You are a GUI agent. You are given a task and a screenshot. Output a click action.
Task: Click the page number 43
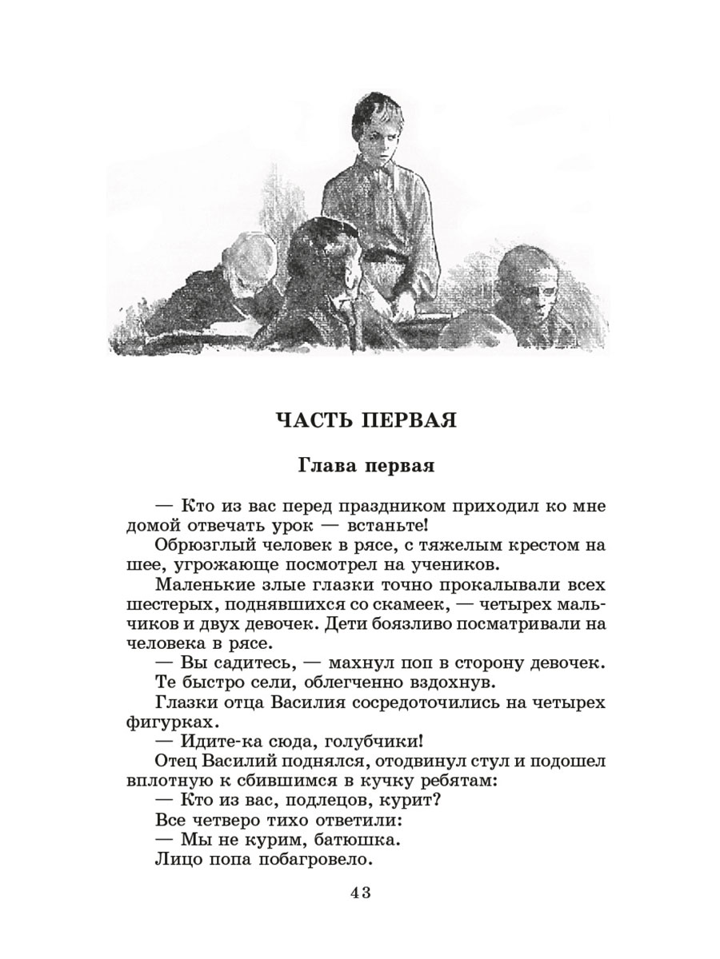[359, 893]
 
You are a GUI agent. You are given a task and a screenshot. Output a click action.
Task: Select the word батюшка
[354, 841]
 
